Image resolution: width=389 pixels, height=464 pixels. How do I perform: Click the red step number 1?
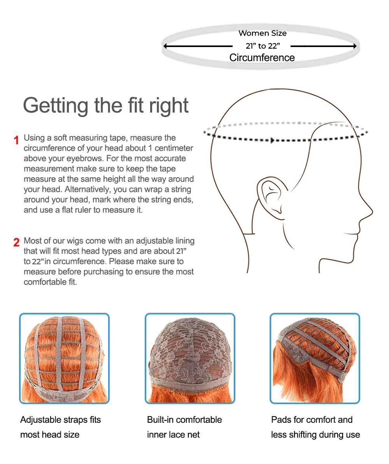pos(16,140)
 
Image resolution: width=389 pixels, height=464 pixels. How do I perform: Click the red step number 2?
pos(16,242)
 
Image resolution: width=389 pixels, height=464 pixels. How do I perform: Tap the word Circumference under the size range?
pos(262,58)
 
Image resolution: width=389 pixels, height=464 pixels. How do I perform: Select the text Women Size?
pos(262,33)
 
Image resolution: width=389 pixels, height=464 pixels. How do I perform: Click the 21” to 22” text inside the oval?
pos(262,46)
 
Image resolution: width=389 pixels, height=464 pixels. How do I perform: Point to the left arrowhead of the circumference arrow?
pos(166,46)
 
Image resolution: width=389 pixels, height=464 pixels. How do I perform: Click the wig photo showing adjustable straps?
pos(64,358)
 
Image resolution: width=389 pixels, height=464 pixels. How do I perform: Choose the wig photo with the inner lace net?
pos(190,358)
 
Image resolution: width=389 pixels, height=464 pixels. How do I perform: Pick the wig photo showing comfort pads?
pos(315,358)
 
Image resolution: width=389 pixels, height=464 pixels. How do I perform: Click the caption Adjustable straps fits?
pos(60,420)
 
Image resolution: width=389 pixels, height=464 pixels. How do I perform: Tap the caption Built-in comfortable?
pos(184,420)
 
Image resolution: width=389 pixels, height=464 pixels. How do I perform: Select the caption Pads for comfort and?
pos(312,420)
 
